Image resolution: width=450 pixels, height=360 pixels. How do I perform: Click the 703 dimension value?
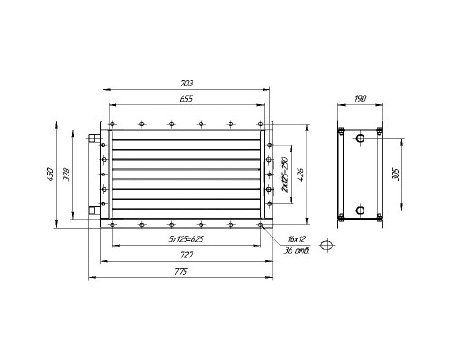[186, 84]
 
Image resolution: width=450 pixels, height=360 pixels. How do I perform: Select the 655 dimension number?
[186, 99]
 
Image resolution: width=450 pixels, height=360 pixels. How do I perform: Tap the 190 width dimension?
[360, 99]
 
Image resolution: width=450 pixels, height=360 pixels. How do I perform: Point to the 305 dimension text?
[396, 175]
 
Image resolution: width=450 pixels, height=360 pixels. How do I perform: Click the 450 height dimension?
[50, 175]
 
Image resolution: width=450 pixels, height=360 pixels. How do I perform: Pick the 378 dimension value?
[67, 175]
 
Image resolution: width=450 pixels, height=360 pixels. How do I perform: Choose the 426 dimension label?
[301, 175]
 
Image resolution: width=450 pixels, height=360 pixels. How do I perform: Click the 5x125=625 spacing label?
[186, 239]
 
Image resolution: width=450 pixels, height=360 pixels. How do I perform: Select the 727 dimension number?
[186, 255]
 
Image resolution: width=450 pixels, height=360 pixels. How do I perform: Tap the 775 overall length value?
[181, 272]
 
